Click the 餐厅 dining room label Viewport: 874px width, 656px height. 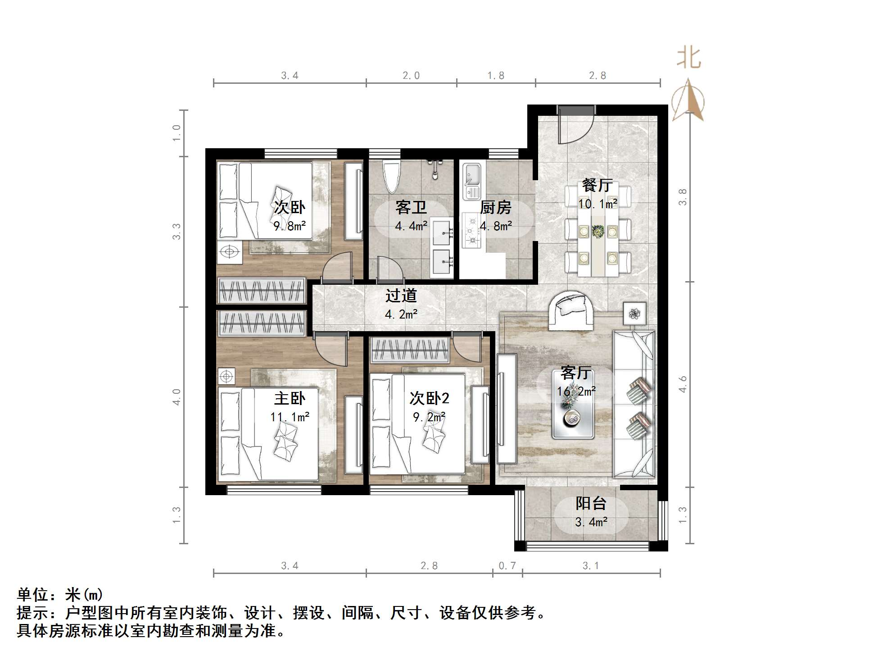597,185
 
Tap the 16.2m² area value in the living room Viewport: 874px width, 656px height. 576,392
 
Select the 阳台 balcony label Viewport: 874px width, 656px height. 591,503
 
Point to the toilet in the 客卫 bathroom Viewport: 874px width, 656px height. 391,177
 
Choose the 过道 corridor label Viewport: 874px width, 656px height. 401,296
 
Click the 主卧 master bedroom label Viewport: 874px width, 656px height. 290,398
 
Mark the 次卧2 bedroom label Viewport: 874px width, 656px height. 429,398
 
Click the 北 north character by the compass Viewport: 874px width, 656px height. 688,59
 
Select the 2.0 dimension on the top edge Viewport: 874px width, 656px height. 411,76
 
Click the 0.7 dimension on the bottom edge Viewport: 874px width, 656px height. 507,566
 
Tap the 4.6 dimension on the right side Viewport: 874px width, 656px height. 683,384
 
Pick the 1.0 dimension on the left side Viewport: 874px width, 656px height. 177,133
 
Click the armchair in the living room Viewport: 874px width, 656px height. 571,309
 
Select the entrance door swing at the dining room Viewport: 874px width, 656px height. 575,128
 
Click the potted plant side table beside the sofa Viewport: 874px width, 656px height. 634,314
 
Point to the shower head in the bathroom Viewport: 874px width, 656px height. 435,170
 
